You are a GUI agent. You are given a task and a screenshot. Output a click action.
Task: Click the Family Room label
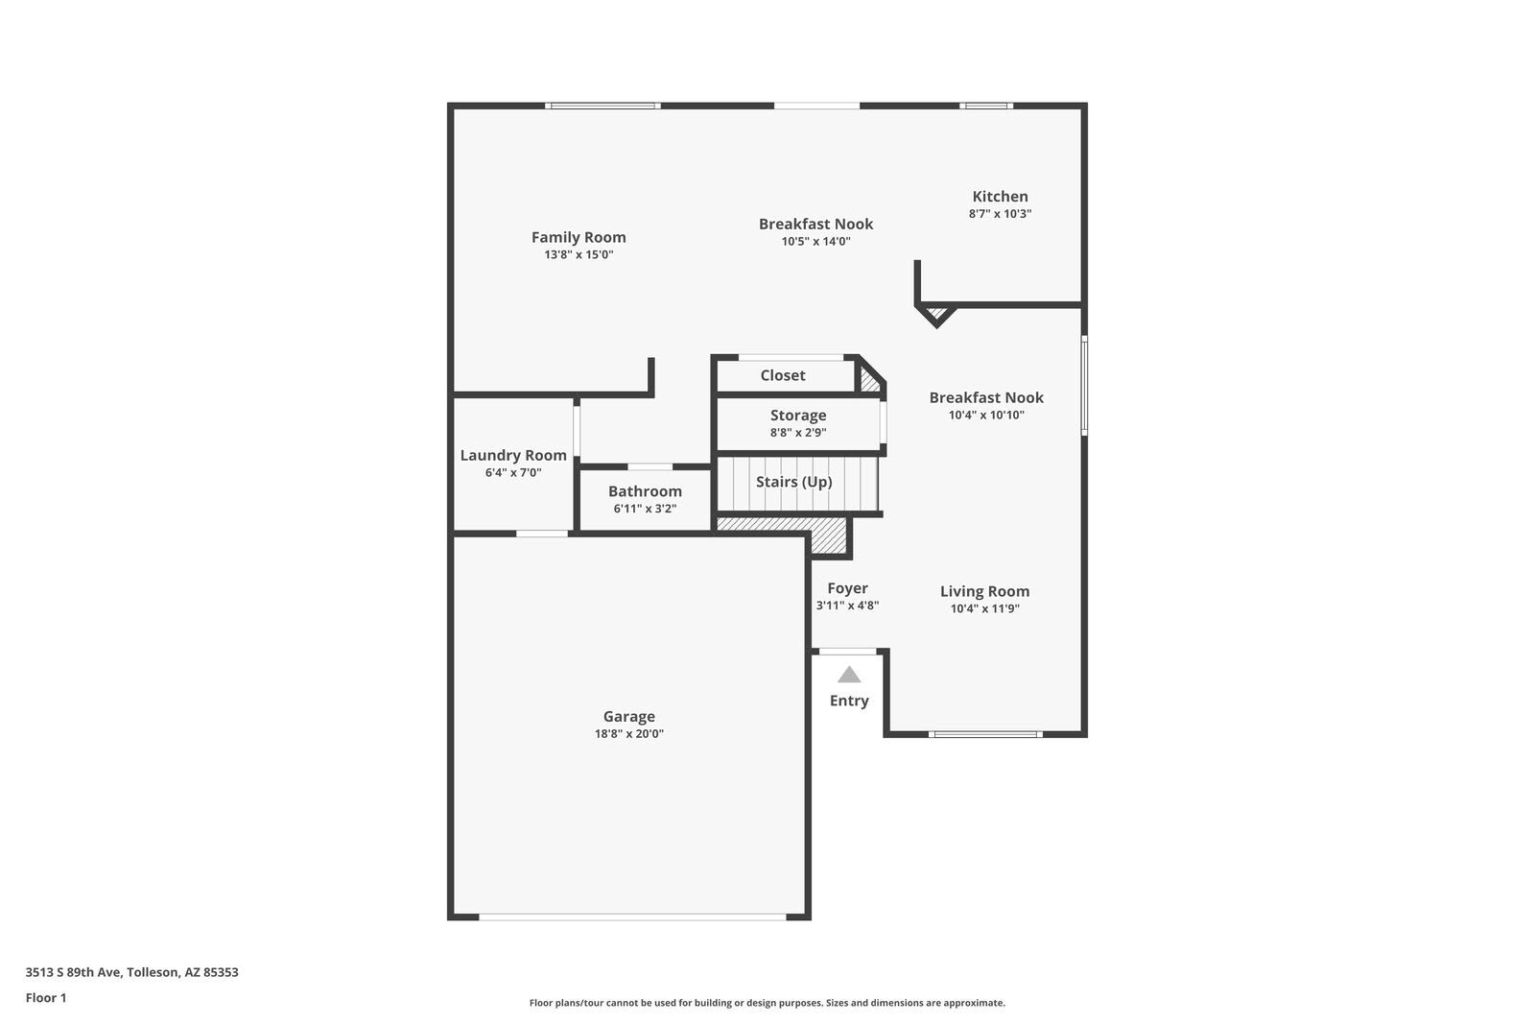click(x=579, y=237)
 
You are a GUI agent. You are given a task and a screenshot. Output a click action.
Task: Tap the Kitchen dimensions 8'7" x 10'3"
click(x=1000, y=214)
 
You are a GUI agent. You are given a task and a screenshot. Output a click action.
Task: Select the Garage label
click(x=628, y=716)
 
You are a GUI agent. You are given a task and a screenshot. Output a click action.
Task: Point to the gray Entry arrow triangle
click(x=849, y=675)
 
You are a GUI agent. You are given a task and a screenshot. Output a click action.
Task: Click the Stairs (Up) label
click(x=793, y=482)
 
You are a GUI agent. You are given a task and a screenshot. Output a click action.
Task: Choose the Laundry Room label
click(x=513, y=455)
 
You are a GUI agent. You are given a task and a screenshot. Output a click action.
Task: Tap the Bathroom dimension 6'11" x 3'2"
click(x=645, y=509)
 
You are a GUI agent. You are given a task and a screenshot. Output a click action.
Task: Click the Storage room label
click(x=797, y=415)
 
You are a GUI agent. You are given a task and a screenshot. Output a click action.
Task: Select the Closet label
click(x=783, y=375)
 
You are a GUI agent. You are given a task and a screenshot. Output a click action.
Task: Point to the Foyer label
click(x=847, y=588)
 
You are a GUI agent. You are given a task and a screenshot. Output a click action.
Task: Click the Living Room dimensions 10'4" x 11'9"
click(x=984, y=608)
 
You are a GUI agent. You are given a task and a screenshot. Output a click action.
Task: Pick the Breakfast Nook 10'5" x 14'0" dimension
click(x=815, y=241)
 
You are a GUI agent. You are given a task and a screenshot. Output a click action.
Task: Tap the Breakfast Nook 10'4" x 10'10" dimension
click(x=986, y=415)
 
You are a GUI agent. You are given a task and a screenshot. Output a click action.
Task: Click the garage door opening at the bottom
click(x=632, y=917)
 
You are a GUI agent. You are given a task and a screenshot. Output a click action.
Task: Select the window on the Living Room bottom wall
click(x=984, y=734)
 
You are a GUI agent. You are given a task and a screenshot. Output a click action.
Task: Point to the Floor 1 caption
click(x=46, y=998)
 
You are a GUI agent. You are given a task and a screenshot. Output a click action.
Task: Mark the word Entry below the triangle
click(x=849, y=701)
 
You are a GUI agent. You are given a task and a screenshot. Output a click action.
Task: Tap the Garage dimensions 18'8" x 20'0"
click(x=628, y=734)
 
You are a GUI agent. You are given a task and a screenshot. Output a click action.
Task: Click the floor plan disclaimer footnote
click(x=767, y=1003)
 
